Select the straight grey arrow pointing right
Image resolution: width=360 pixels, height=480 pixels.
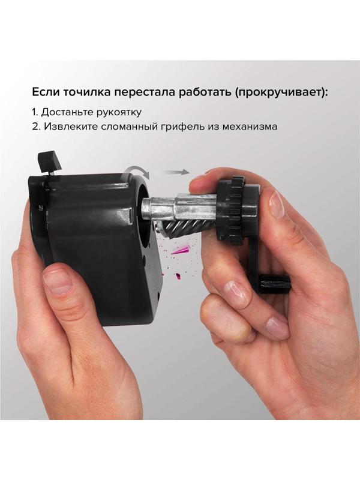(175, 172)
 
